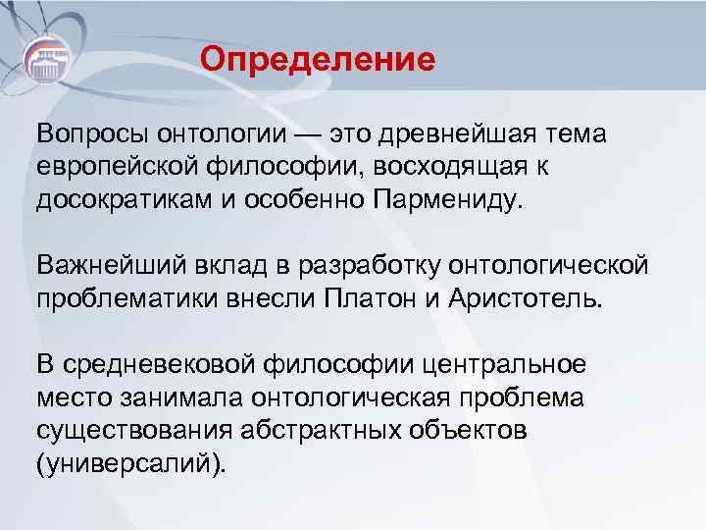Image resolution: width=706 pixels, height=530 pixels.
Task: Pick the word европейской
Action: coord(110,167)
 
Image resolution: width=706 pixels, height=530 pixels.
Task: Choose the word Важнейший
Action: coord(99,265)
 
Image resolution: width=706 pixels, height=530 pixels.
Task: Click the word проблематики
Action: coord(118,297)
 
